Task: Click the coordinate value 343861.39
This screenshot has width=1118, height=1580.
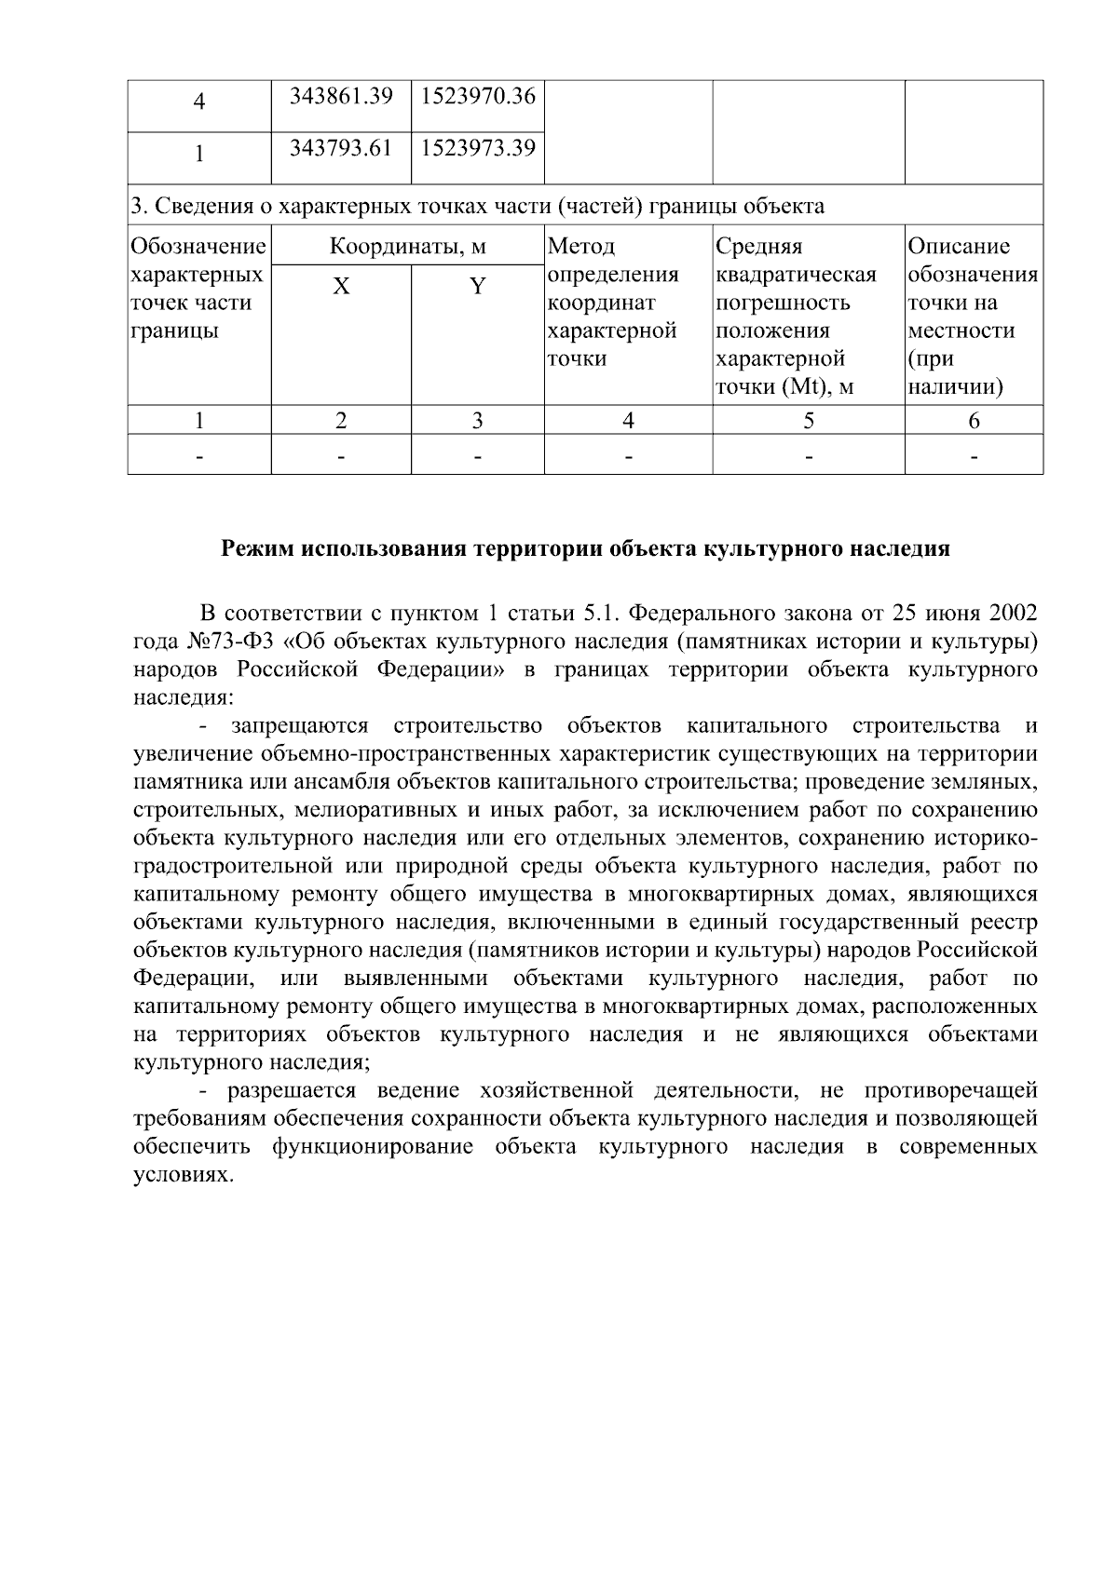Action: tap(341, 96)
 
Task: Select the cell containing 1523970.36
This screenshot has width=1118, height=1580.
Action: tap(478, 96)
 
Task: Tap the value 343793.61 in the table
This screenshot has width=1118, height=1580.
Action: tap(341, 147)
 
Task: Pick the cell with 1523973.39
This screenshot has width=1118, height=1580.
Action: tap(478, 147)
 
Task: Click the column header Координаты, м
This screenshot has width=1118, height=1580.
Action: tap(408, 247)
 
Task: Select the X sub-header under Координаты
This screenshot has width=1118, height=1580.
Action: tap(342, 287)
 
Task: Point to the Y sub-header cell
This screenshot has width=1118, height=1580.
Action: tap(477, 287)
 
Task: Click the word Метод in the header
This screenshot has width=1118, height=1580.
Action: tap(581, 247)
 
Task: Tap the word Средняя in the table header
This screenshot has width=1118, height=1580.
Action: tap(758, 247)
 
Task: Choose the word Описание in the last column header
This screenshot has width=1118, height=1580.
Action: tap(959, 247)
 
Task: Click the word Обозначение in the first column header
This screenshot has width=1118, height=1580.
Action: tap(198, 247)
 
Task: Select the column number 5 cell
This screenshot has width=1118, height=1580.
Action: tap(809, 421)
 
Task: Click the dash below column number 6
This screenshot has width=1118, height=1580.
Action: tap(974, 457)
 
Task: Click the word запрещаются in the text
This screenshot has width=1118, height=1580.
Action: tap(299, 725)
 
